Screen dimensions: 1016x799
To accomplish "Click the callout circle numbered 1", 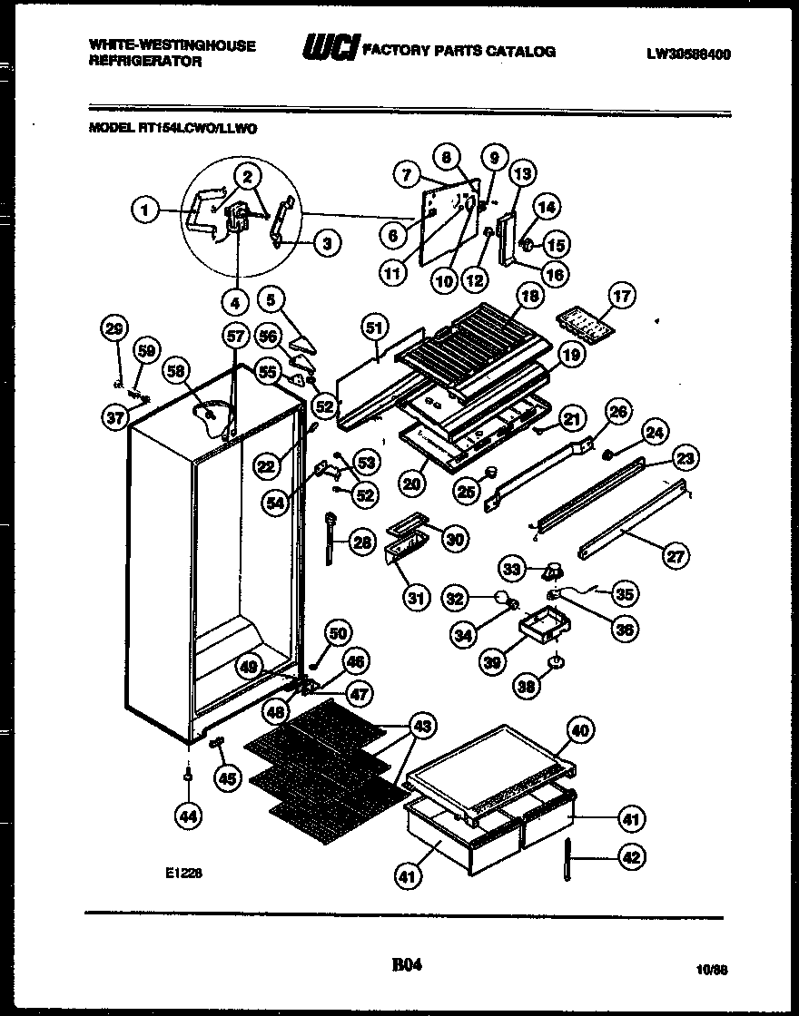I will click(x=143, y=210).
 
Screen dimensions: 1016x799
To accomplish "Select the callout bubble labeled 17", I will click(x=622, y=296).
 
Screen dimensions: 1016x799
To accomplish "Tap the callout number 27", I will click(x=676, y=555).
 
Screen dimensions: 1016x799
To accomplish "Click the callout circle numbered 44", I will click(x=188, y=816).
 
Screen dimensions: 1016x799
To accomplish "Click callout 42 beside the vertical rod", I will click(x=632, y=856).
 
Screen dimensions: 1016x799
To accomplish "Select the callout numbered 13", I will click(x=523, y=173).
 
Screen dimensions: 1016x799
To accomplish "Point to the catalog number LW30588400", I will click(x=688, y=54).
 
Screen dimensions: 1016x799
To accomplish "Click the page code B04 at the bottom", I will click(x=407, y=965).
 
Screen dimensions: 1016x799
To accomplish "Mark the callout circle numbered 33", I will click(x=514, y=570).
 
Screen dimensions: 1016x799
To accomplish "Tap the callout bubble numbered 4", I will click(x=236, y=301).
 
